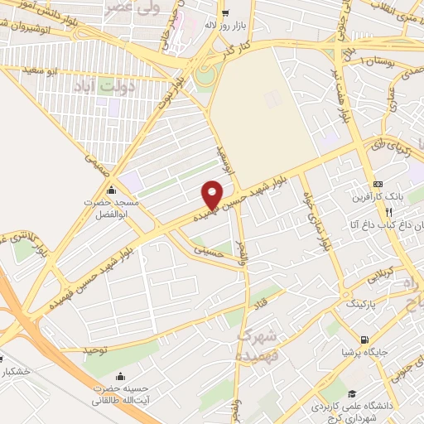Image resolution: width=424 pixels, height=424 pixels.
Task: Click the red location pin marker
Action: (x=213, y=194)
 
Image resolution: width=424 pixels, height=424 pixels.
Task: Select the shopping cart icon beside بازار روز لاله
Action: (x=225, y=13)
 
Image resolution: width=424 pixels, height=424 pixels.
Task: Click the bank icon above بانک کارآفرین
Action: (x=378, y=184)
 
